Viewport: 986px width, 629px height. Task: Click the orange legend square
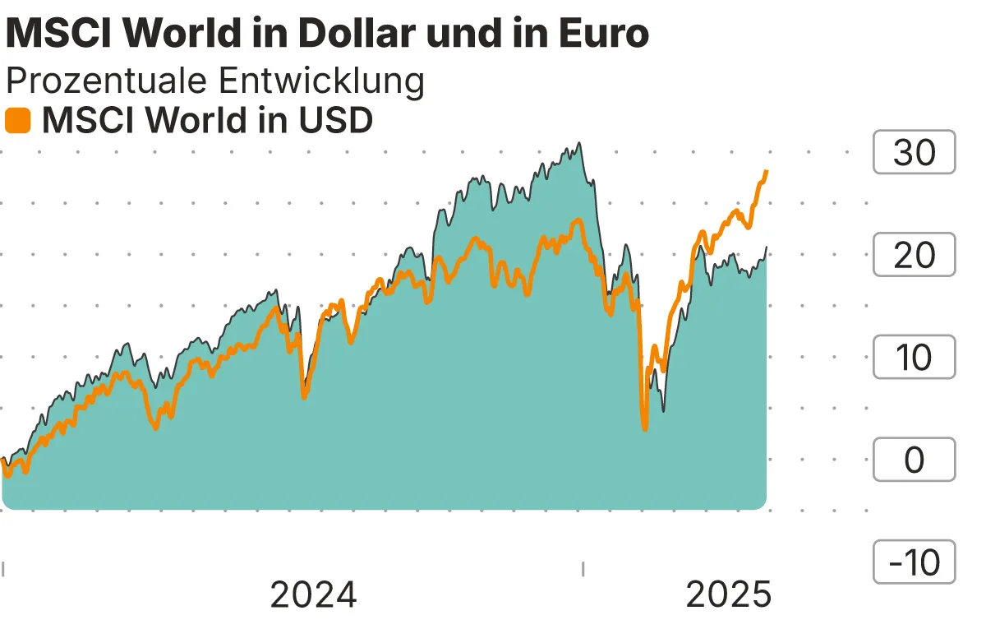[17, 121]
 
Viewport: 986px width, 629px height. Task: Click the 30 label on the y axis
[914, 153]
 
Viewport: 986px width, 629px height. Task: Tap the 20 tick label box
[914, 256]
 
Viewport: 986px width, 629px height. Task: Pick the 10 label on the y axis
[914, 358]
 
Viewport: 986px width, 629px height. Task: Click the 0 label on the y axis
[914, 460]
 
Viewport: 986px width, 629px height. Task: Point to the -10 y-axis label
[914, 562]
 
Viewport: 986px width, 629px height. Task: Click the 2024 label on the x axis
[313, 594]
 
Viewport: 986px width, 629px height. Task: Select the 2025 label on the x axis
[729, 594]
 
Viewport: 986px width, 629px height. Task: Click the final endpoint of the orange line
[766, 171]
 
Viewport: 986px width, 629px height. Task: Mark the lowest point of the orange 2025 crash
[645, 428]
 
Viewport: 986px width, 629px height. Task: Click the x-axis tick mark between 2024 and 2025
[583, 568]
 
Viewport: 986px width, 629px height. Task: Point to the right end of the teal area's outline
[767, 247]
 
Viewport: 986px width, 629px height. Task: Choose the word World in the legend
[196, 121]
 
